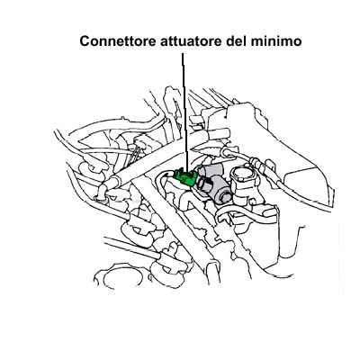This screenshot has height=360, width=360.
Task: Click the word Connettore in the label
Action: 118,41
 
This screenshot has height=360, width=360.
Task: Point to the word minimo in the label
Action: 276,41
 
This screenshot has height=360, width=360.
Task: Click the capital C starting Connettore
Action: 85,41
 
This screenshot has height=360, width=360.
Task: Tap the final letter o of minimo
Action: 297,43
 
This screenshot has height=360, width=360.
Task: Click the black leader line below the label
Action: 185,112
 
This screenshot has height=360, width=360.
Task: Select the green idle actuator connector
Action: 184,177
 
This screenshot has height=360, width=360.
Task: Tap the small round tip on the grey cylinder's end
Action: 224,197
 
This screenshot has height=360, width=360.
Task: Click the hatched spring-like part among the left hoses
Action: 137,153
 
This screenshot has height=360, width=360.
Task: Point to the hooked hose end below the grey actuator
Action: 224,217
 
